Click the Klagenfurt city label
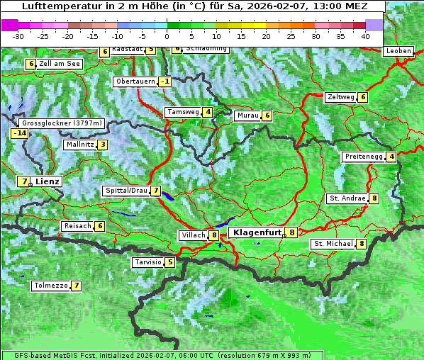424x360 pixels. pyautogui.click(x=255, y=232)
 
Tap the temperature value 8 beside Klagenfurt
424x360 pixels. pyautogui.click(x=291, y=232)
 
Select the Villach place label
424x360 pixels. pyautogui.click(x=192, y=235)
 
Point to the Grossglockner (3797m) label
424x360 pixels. pyautogui.click(x=63, y=123)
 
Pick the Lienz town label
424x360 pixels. pyautogui.click(x=48, y=181)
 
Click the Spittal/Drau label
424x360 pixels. pyautogui.click(x=126, y=191)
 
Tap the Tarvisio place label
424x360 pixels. pyautogui.click(x=148, y=262)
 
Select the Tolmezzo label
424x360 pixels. pyautogui.click(x=50, y=286)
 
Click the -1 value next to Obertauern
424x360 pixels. pyautogui.click(x=164, y=81)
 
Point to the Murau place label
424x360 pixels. pyautogui.click(x=247, y=116)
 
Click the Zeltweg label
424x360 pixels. pyautogui.click(x=340, y=97)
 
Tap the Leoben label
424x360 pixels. pyautogui.click(x=398, y=51)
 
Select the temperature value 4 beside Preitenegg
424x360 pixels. pyautogui.click(x=391, y=157)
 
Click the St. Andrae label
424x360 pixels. pyautogui.click(x=347, y=198)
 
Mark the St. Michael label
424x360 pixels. pyautogui.click(x=333, y=244)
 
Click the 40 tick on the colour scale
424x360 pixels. pyautogui.click(x=365, y=36)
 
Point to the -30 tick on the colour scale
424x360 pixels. pyautogui.click(x=18, y=36)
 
